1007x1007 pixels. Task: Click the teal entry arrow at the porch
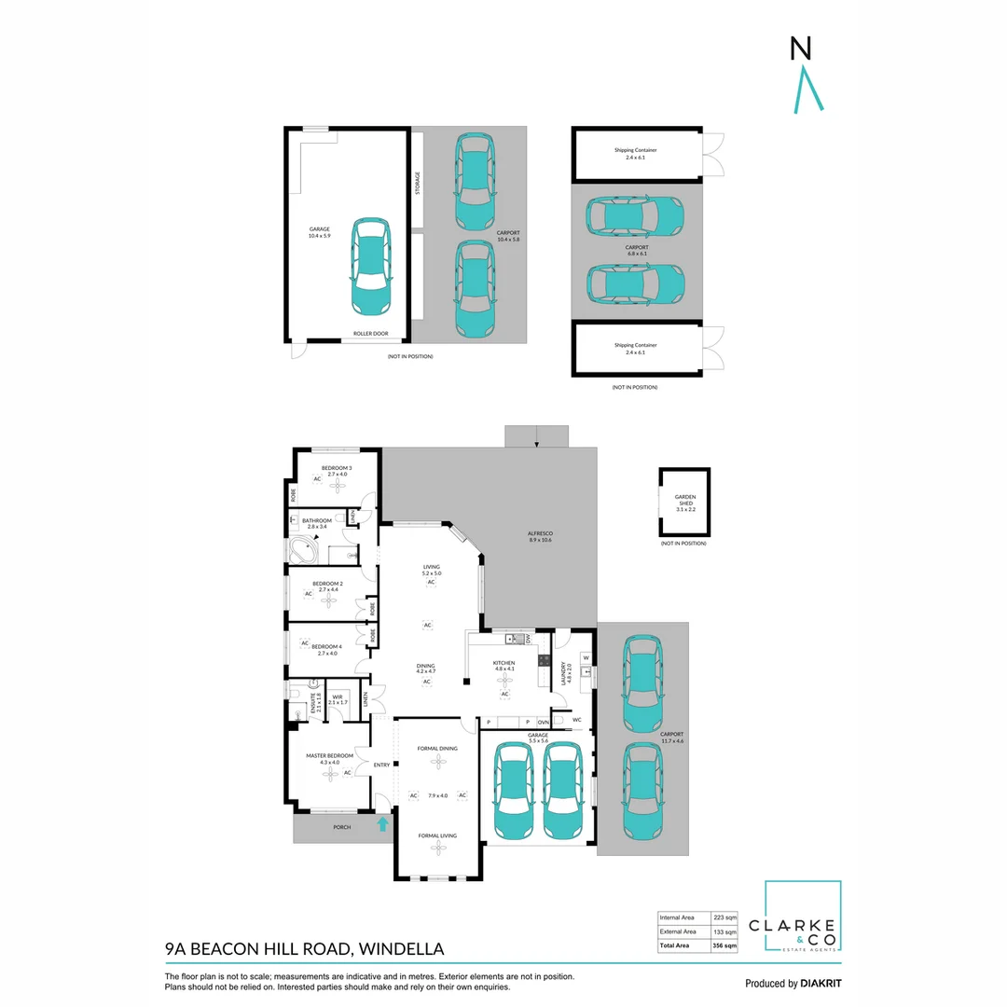[381, 823]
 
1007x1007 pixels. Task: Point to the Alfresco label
[540, 534]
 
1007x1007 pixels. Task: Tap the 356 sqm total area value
[724, 945]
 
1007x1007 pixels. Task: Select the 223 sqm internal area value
[724, 917]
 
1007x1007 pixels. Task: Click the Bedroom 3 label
[337, 468]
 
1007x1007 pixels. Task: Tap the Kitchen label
[504, 663]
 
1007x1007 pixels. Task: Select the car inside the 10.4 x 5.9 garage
[370, 267]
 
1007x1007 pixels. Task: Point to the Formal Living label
[437, 835]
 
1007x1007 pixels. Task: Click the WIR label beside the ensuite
[338, 696]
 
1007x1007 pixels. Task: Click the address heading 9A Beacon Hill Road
[304, 949]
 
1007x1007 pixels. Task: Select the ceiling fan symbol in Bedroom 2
[329, 600]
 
